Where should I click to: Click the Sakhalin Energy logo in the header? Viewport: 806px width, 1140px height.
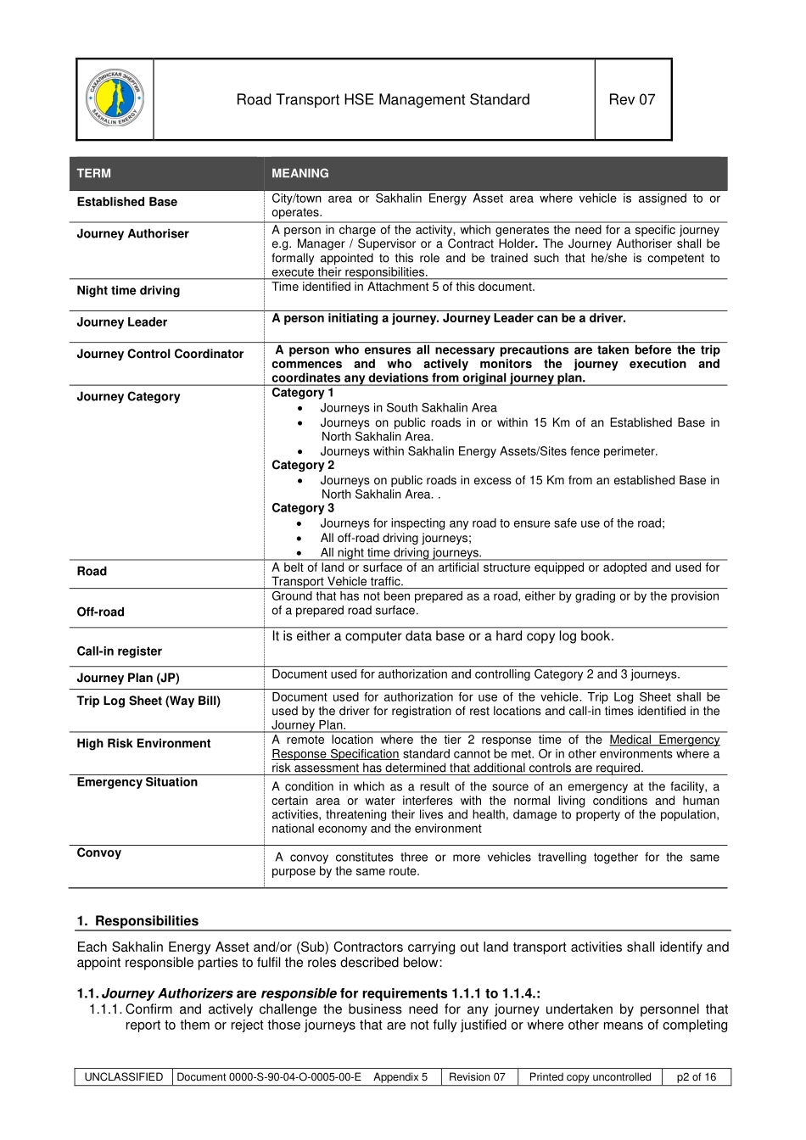[115, 98]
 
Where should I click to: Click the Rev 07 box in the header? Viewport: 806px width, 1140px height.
[632, 99]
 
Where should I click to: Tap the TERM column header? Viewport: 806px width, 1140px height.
[94, 173]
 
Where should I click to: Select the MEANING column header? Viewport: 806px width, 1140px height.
[300, 173]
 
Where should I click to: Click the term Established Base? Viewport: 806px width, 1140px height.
[127, 202]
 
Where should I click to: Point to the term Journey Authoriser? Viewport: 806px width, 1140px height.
[133, 233]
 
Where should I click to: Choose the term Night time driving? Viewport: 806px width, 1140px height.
[128, 290]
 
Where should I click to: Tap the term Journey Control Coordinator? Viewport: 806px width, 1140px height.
[160, 354]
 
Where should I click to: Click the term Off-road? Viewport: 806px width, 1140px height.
[101, 612]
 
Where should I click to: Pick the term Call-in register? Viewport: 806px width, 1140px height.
[120, 651]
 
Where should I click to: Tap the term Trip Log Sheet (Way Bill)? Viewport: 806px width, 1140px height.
[148, 701]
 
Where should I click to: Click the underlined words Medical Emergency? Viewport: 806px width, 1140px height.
[664, 740]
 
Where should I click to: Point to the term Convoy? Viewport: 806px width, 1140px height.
[99, 852]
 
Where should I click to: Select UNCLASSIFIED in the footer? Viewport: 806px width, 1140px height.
[124, 1076]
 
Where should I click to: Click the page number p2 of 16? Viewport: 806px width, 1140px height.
[697, 1076]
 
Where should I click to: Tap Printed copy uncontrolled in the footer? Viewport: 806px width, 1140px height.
[591, 1076]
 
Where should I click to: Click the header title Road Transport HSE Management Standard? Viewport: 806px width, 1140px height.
[383, 99]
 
